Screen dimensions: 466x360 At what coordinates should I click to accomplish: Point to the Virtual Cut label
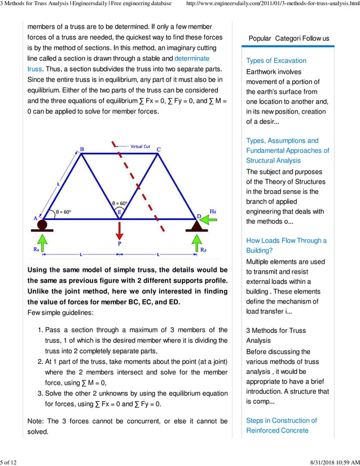(140, 147)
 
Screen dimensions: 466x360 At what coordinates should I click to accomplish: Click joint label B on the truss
(82, 149)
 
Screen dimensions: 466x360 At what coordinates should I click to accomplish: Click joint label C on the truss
(159, 149)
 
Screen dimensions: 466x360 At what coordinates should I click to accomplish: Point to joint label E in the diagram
(119, 212)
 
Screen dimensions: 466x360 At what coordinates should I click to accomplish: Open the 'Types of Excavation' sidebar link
(276, 60)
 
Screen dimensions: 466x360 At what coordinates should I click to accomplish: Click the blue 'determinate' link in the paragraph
(192, 58)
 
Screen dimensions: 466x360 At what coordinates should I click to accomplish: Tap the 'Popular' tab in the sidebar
(260, 38)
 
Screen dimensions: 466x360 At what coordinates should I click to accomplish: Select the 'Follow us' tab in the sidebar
(315, 38)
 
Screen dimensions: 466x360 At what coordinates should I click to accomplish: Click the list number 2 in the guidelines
(39, 362)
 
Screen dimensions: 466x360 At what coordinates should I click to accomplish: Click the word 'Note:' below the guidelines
(37, 421)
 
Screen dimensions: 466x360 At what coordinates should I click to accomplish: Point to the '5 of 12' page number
(9, 462)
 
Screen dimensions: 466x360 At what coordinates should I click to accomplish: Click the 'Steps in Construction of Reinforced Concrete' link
(281, 425)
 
